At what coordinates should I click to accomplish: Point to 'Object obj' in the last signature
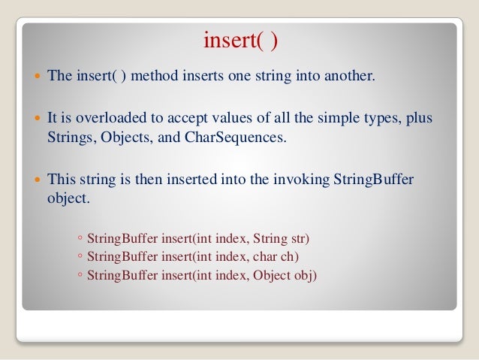click(285, 276)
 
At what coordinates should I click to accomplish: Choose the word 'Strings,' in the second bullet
click(70, 138)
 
